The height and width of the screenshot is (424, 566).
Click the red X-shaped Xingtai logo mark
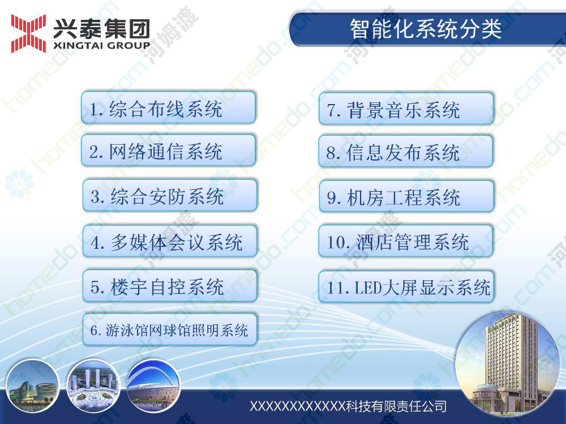point(28,33)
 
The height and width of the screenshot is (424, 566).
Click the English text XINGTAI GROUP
point(101,45)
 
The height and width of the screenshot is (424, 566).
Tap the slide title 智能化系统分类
point(426,29)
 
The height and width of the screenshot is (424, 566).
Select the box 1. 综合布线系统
point(168,108)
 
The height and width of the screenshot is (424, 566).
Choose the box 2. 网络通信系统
point(168,150)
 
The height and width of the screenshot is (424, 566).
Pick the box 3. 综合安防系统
point(170,196)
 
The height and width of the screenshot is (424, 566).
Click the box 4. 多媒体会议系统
point(170,241)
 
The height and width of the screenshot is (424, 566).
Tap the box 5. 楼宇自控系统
point(170,286)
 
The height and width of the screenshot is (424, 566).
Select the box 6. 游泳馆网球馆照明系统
point(170,330)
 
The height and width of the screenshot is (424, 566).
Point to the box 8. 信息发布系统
point(406,152)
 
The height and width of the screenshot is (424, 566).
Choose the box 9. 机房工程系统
point(406,197)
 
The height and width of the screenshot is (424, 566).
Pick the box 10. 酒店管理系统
point(406,241)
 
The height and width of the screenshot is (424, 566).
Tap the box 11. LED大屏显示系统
point(406,287)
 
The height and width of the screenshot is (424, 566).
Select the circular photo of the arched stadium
point(153,386)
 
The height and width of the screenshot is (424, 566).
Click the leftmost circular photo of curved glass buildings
point(32,386)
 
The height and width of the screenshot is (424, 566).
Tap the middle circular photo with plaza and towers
point(93,386)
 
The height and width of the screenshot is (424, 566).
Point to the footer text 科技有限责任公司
point(396,406)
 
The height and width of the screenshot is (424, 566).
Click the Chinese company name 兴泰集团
point(101,28)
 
